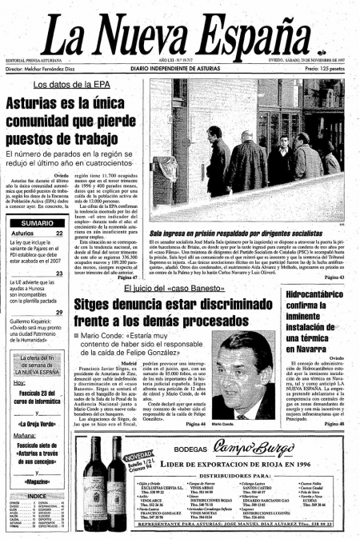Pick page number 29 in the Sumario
[x=59, y=312]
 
